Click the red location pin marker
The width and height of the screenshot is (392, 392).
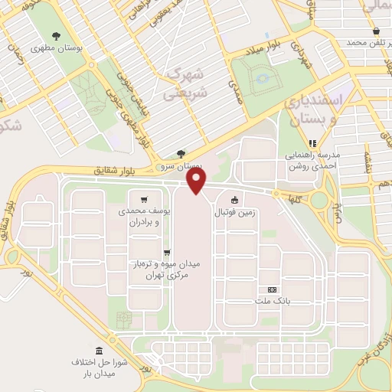197,181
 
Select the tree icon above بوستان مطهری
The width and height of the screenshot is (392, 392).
56,35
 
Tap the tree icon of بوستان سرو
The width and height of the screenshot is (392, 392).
180,153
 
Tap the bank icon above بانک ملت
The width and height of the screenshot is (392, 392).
273,289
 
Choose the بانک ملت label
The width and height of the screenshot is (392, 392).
273,301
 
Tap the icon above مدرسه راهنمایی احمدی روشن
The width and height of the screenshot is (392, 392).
312,143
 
